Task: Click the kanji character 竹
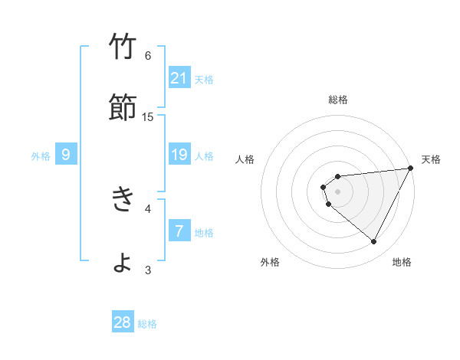pos(122,47)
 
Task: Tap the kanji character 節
pos(122,109)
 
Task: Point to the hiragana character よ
pos(122,263)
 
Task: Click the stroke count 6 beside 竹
pos(148,55)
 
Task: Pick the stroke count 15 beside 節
pos(148,116)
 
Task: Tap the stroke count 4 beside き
pos(148,208)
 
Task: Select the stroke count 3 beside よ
pos(148,270)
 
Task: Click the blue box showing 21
pos(179,77)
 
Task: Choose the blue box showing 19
pos(179,155)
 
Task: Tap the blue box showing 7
pos(179,231)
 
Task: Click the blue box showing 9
pos(66,155)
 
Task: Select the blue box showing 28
pos(123,322)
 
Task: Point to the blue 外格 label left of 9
pos(41,155)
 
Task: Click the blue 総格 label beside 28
pos(147,323)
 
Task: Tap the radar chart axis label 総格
pos(338,100)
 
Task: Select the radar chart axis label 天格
pos(432,159)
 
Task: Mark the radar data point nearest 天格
pos(412,168)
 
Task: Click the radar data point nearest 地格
pos(374,242)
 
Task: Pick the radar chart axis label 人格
pos(245,159)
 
